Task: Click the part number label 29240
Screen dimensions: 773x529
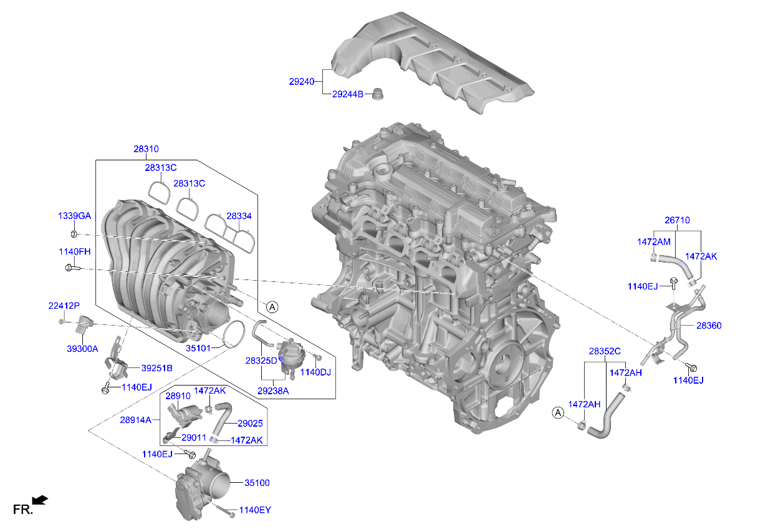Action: pos(301,81)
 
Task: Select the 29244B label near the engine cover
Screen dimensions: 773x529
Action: pos(347,94)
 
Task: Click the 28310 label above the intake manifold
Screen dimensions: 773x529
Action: pos(146,149)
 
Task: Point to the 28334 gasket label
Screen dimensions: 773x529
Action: pos(239,216)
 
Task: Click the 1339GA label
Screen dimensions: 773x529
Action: pos(75,215)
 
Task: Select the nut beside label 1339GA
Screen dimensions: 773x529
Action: pos(73,234)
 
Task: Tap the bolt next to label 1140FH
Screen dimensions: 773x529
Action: pos(71,268)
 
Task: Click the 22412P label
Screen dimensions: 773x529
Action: pos(64,306)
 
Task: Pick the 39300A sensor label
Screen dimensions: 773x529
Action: pos(82,349)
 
